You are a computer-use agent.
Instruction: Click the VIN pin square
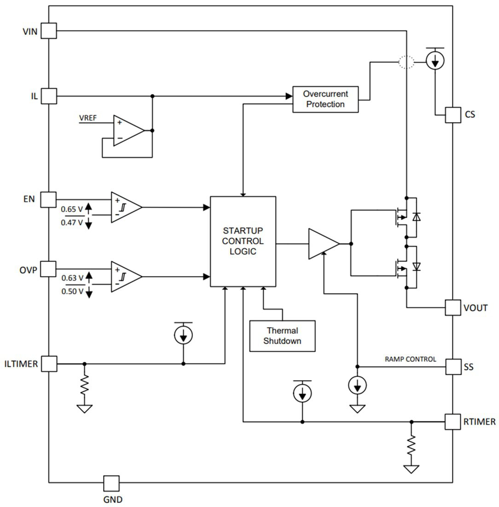[49, 31]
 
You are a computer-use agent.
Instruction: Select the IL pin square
[49, 96]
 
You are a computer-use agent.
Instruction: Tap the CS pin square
[453, 115]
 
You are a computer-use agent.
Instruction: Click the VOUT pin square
[453, 307]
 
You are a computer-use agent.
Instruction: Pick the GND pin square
[111, 483]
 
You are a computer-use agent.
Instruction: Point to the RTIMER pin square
[453, 421]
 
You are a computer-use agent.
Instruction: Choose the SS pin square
[453, 367]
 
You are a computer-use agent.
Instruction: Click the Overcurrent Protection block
[325, 99]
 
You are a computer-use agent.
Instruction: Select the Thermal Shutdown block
[282, 336]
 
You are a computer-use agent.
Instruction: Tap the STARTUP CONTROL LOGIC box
[243, 241]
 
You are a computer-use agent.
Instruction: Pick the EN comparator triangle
[124, 207]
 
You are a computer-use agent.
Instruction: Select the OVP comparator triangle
[124, 277]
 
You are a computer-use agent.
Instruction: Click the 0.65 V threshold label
[72, 210]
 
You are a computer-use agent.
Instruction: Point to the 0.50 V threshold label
[72, 291]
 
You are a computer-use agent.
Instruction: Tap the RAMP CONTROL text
[410, 359]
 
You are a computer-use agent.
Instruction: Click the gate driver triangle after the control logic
[322, 243]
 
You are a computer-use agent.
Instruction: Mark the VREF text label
[88, 118]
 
